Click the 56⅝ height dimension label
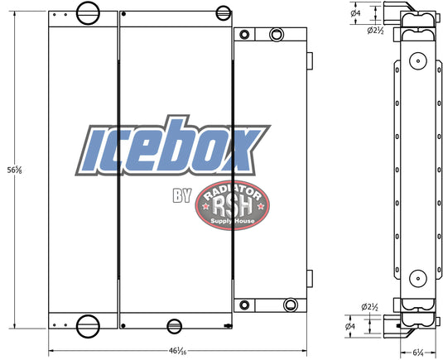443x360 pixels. [14, 170]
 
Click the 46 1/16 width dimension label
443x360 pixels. [177, 351]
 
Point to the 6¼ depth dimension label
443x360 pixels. [418, 353]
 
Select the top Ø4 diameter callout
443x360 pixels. [355, 12]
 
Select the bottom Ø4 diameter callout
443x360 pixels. [350, 326]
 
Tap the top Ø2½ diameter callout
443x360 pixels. [375, 31]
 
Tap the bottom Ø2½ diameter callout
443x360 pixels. [369, 307]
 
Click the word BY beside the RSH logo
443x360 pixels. [182, 195]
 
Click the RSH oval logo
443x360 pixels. [232, 205]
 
